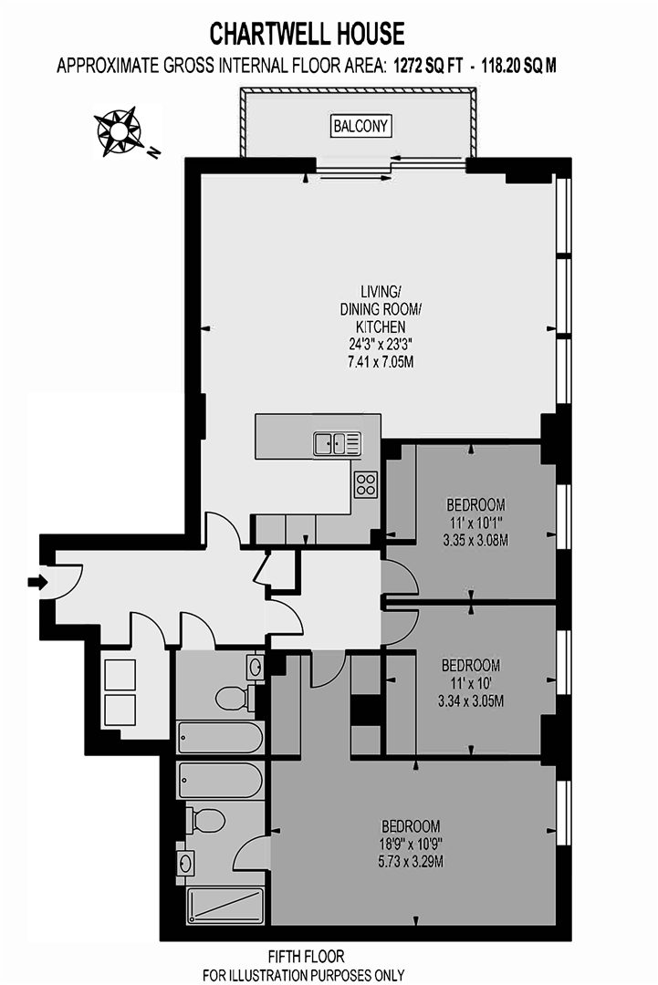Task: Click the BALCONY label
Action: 361,127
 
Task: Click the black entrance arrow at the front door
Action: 37,582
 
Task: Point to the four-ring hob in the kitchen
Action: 366,484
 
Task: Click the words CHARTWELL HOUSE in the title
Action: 307,35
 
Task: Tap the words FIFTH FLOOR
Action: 306,957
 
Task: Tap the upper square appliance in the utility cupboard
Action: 120,674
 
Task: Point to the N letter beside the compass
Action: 154,152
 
